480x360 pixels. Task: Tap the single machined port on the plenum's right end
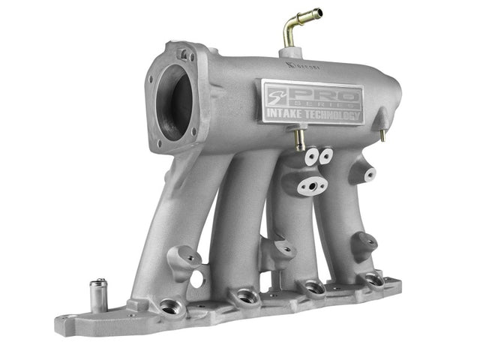click(x=368, y=174)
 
